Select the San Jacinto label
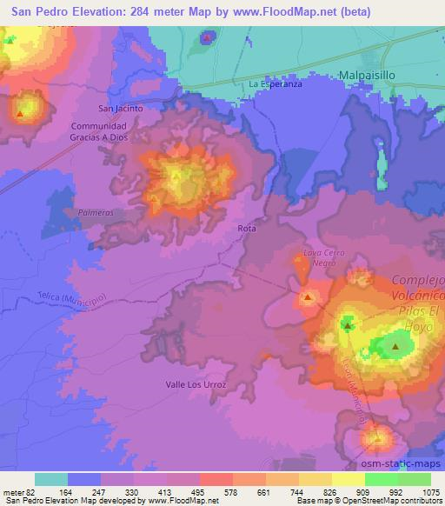[x=120, y=110]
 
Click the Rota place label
[x=246, y=228]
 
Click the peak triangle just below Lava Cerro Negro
[x=309, y=298]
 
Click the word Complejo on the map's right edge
[x=418, y=280]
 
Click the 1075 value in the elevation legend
[x=430, y=493]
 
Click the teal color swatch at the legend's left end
[x=51, y=479]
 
